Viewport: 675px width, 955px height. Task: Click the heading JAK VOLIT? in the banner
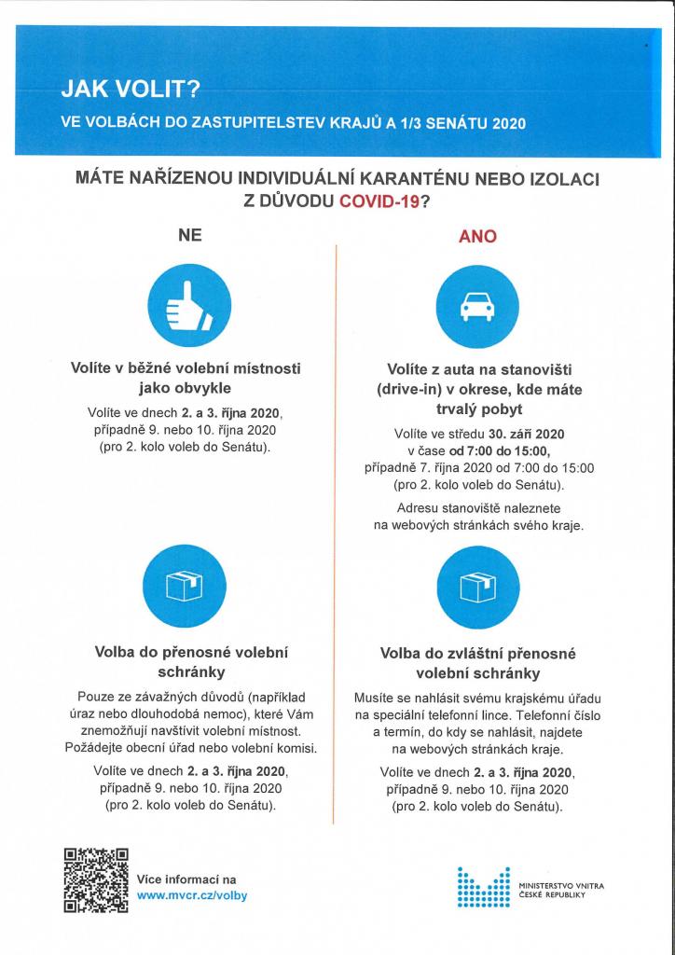pos(130,89)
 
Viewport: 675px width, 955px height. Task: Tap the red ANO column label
pos(477,236)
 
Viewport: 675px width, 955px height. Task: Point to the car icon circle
pos(478,305)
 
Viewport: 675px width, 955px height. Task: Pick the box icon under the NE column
pos(185,585)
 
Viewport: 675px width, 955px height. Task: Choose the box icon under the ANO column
pos(478,585)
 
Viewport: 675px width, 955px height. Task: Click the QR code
pos(96,879)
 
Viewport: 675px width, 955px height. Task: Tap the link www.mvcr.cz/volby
pos(192,894)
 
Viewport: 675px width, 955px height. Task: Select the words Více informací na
pos(186,879)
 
